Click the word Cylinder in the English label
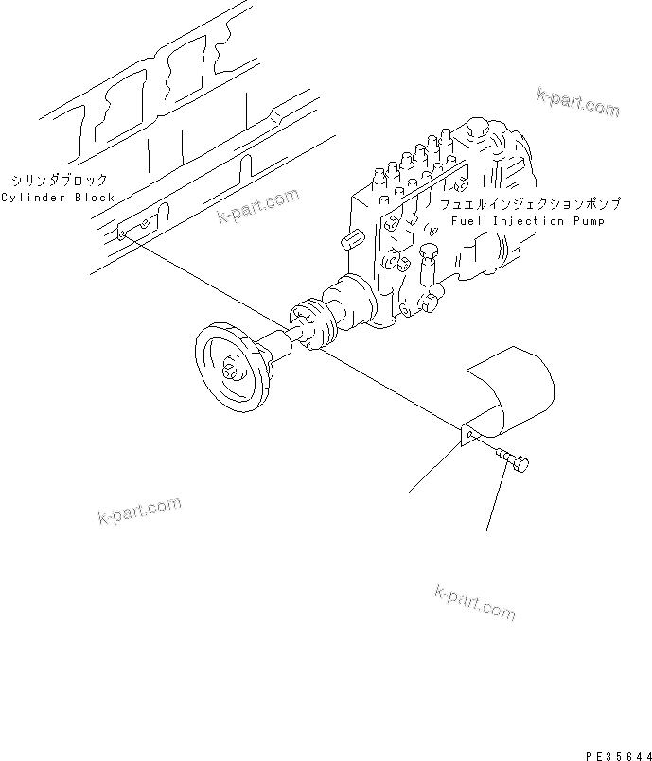pyautogui.click(x=32, y=198)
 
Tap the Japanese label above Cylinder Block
pyautogui.click(x=59, y=180)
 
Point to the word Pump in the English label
pyautogui.click(x=585, y=221)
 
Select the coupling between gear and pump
pyautogui.click(x=311, y=323)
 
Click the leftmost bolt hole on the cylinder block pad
pyautogui.click(x=123, y=234)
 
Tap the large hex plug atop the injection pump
pyautogui.click(x=476, y=130)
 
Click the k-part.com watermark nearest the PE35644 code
pyautogui.click(x=475, y=601)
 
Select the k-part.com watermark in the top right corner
pyautogui.click(x=577, y=101)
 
